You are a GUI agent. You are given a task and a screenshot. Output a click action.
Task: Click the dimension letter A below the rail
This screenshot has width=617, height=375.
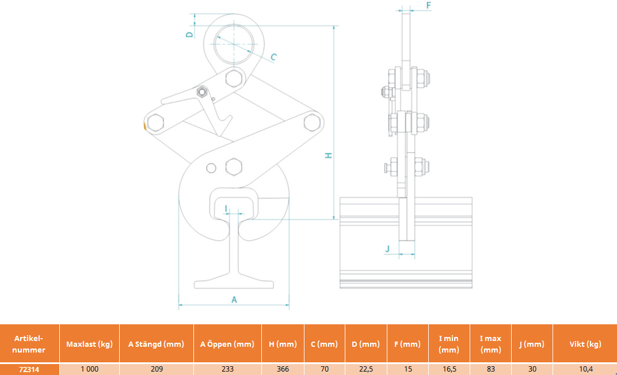point(234,300)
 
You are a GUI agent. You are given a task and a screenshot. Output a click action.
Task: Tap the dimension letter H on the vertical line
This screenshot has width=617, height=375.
point(329,156)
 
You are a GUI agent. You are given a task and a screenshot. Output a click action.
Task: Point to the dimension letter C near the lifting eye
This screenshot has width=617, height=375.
point(273,57)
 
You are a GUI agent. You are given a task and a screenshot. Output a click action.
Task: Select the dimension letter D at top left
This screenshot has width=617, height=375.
point(190,35)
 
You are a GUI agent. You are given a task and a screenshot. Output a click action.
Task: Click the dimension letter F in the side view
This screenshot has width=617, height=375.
point(429,5)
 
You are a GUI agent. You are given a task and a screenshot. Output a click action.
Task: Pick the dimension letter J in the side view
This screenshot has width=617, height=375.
point(387,248)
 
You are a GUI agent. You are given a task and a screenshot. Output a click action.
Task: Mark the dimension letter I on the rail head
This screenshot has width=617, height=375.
point(226,207)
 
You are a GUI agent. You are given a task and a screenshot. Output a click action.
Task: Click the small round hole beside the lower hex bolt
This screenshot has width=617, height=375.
point(211,168)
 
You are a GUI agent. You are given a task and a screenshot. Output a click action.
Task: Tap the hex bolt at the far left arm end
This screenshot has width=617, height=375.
point(155,123)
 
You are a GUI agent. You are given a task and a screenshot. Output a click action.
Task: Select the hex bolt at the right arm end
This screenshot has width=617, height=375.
point(312,122)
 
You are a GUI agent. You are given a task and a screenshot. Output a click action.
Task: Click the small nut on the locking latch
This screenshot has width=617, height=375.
point(202,92)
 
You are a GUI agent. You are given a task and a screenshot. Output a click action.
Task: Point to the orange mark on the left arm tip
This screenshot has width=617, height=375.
point(144,126)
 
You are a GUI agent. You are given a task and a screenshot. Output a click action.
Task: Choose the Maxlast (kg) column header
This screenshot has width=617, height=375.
point(89,344)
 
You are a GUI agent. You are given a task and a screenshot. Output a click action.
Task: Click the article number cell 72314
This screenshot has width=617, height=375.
point(29,369)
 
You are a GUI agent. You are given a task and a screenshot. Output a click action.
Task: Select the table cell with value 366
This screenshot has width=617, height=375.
point(283,369)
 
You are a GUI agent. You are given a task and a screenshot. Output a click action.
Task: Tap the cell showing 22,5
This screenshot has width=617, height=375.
point(365,369)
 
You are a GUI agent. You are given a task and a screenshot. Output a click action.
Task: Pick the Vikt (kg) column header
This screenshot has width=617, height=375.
point(585,344)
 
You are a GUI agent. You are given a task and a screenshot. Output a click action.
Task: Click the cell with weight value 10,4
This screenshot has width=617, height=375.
point(585,369)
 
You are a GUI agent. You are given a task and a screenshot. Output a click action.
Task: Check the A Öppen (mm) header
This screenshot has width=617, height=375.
point(227,344)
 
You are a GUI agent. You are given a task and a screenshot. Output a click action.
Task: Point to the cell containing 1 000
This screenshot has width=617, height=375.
point(89,369)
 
